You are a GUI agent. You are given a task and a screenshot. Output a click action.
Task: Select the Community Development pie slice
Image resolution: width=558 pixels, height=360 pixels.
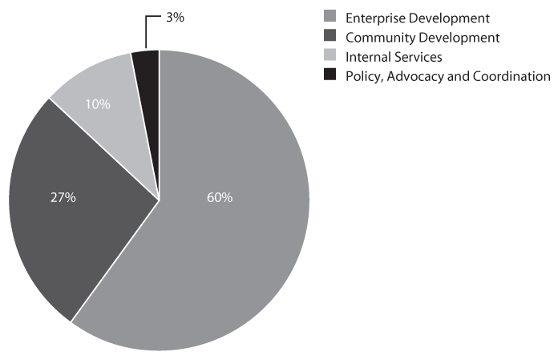[x=80, y=216]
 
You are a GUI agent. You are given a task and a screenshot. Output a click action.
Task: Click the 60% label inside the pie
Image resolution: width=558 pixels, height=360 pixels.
[x=219, y=197]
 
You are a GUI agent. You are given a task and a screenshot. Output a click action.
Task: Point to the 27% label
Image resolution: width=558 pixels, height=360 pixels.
[x=63, y=197]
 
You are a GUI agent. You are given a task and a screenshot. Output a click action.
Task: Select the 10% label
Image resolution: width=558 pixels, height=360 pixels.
[x=97, y=104]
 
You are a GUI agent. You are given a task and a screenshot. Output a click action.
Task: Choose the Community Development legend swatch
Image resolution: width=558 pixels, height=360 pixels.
[x=329, y=37]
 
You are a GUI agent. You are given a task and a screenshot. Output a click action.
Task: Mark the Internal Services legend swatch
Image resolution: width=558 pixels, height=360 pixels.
[x=329, y=56]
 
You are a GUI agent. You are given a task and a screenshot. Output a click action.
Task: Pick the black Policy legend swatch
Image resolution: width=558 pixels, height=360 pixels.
[x=329, y=75]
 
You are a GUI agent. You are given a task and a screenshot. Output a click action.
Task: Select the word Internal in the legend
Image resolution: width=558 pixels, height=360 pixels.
[x=366, y=56]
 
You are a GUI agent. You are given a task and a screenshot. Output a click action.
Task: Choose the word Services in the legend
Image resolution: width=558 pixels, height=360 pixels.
[x=418, y=56]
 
